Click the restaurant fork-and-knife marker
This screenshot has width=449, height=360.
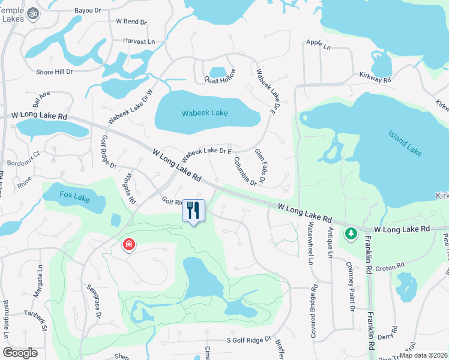(193, 210)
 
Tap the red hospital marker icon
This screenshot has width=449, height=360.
(128, 245)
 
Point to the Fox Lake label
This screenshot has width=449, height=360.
(74, 196)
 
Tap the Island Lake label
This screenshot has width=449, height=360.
(405, 143)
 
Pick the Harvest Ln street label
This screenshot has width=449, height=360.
(139, 41)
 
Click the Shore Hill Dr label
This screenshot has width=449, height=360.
(54, 71)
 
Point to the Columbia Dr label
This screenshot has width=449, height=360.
(246, 170)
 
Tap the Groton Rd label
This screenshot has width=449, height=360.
(391, 266)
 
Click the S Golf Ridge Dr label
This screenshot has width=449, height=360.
(249, 340)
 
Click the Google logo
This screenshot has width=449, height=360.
(20, 353)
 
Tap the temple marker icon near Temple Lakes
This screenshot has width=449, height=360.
(34, 13)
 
